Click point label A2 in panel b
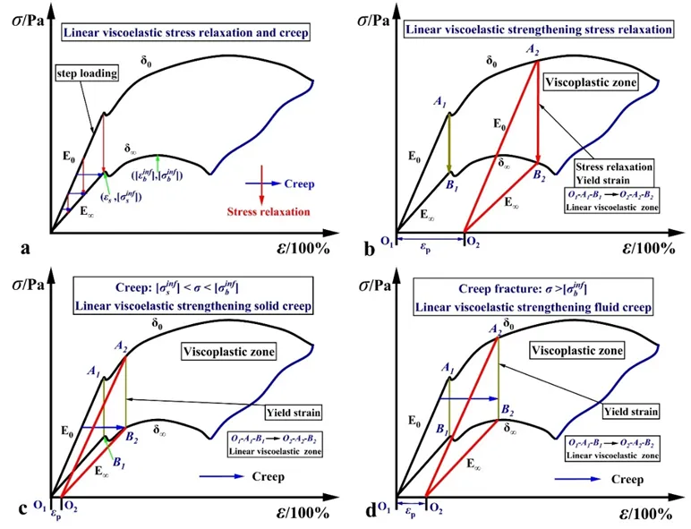point(533,51)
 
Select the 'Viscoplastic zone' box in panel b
point(593,83)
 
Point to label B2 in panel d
point(507,410)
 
